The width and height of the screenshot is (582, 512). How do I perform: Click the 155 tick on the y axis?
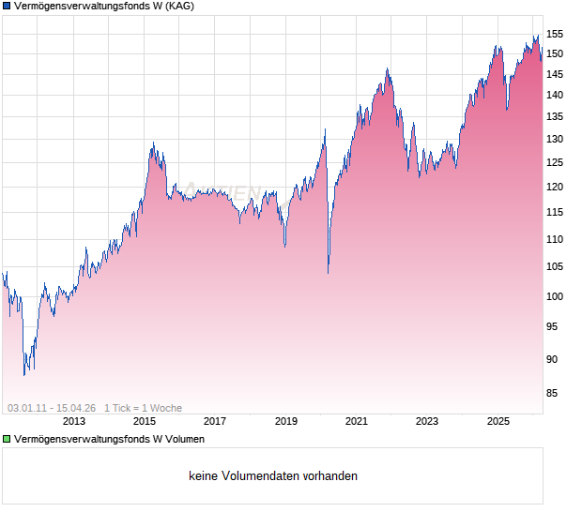click(555, 34)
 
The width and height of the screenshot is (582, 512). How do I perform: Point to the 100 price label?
click(555, 297)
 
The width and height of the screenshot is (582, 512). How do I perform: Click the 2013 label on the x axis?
click(74, 421)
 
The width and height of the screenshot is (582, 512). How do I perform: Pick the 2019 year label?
click(286, 421)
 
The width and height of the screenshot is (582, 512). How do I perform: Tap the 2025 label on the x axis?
click(498, 421)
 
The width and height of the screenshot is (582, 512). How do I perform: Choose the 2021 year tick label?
click(357, 421)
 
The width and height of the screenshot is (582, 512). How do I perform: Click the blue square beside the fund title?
click(7, 7)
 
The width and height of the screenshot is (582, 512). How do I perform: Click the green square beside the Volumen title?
click(7, 439)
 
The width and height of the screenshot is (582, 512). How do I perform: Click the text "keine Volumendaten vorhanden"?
click(273, 476)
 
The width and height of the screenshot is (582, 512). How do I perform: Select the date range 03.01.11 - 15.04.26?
click(52, 408)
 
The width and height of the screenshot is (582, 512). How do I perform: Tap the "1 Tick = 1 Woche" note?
click(143, 408)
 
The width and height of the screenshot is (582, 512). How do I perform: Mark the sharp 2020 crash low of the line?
click(328, 273)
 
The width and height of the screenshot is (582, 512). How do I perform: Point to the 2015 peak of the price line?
click(153, 143)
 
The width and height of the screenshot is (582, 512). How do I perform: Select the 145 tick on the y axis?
click(555, 74)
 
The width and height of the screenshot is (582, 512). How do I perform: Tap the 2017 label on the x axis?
click(215, 421)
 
